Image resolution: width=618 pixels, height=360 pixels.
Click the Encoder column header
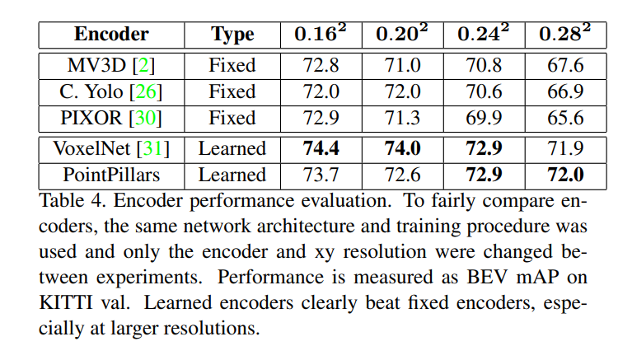111,35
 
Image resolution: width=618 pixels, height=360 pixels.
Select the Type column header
232,35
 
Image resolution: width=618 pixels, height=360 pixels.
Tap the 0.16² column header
321,34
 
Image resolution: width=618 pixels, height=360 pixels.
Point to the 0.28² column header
564,34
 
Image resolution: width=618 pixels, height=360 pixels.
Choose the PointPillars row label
111,175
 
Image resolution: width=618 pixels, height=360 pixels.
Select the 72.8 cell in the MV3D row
321,64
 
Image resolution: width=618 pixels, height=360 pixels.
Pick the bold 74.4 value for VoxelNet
321,148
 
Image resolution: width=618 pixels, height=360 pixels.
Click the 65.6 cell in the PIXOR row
564,117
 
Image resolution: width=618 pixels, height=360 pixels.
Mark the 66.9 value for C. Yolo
564,91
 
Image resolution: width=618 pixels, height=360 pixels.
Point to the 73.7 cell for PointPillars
321,175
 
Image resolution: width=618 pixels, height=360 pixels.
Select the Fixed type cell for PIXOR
232,117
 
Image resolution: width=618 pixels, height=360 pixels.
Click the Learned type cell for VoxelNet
232,148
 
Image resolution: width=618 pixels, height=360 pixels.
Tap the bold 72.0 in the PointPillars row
564,175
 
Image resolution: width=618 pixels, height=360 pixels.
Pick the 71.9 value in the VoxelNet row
564,148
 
